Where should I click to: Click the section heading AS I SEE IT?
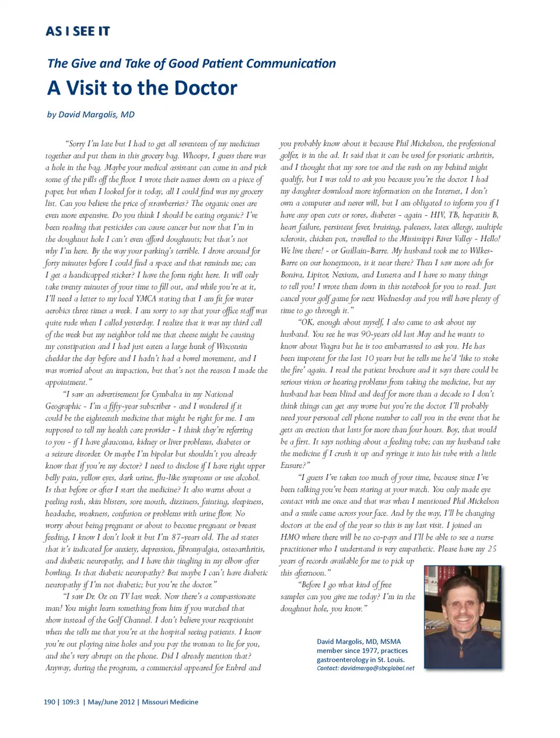point(78,32)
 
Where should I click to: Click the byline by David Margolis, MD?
point(90,114)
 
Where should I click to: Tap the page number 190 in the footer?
point(49,702)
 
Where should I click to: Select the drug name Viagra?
point(330,346)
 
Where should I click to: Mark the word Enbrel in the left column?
point(236,668)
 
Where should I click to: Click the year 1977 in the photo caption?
point(372,650)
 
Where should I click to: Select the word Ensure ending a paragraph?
point(291,466)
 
